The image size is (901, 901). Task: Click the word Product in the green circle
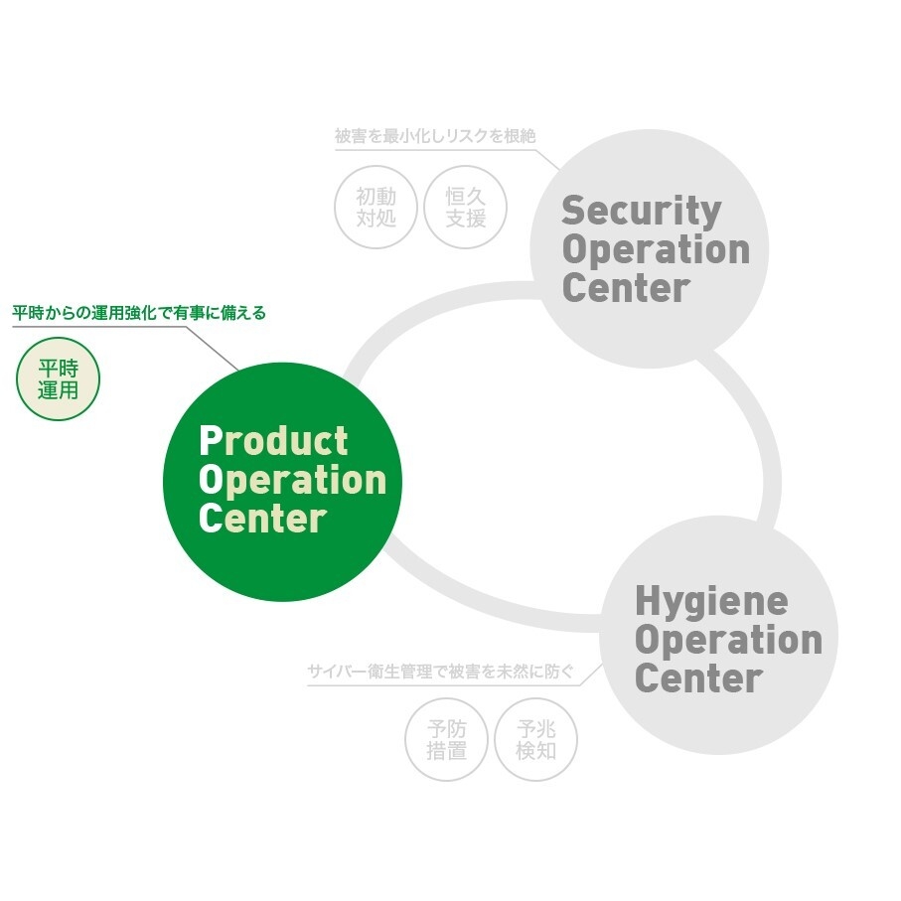click(273, 441)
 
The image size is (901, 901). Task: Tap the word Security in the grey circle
click(642, 212)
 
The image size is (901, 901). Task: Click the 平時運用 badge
click(58, 378)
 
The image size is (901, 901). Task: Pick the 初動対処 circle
click(375, 207)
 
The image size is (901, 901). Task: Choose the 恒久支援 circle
click(466, 207)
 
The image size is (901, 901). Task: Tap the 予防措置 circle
click(446, 739)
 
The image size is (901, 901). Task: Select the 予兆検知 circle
click(536, 739)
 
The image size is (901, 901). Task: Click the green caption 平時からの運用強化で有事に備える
click(139, 313)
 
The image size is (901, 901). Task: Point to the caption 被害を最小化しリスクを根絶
click(435, 136)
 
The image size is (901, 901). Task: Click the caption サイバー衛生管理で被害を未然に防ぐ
click(441, 672)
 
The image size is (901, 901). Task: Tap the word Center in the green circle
click(262, 518)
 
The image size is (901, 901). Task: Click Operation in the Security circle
click(656, 250)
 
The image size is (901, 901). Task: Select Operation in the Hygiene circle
click(728, 641)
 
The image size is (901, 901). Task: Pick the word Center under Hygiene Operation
click(698, 678)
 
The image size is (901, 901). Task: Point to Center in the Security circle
click(626, 287)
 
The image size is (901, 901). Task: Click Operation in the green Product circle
click(292, 480)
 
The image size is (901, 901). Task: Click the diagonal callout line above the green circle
click(213, 349)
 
